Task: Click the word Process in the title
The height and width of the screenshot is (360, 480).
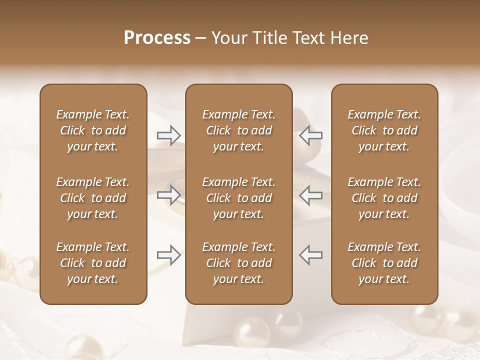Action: pyautogui.click(x=157, y=38)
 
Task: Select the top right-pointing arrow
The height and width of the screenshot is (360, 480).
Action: pyautogui.click(x=168, y=135)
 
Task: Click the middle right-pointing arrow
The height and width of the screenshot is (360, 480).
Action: pyautogui.click(x=168, y=195)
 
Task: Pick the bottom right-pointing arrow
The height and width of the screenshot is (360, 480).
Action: pyautogui.click(x=168, y=255)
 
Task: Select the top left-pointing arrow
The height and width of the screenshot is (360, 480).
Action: pyautogui.click(x=310, y=135)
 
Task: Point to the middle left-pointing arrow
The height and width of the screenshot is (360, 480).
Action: pyautogui.click(x=310, y=195)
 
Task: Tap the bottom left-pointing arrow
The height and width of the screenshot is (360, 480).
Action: pyautogui.click(x=310, y=255)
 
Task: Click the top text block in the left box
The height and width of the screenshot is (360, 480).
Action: pyautogui.click(x=93, y=130)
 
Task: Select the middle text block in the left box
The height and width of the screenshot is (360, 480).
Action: pyautogui.click(x=93, y=198)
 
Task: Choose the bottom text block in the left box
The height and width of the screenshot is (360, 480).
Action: pyautogui.click(x=93, y=263)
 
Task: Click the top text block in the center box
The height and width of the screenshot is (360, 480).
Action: pyautogui.click(x=238, y=130)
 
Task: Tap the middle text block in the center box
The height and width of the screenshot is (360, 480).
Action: pyautogui.click(x=238, y=198)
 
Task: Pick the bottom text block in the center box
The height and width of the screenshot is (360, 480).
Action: pyautogui.click(x=238, y=263)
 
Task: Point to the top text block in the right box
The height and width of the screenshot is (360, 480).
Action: pyautogui.click(x=384, y=130)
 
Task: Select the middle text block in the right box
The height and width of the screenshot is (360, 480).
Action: pyautogui.click(x=384, y=198)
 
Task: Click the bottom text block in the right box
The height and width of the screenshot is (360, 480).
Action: pyautogui.click(x=384, y=263)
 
